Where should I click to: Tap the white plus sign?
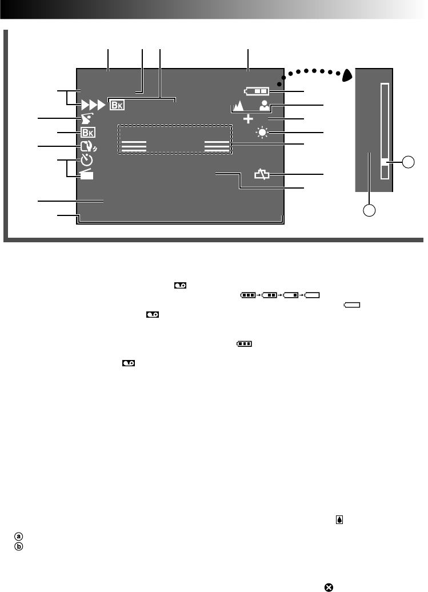point(249,119)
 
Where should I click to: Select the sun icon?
point(262,133)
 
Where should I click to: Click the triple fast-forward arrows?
point(94,105)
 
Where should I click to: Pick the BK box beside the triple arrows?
point(117,105)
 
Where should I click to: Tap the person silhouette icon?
point(263,105)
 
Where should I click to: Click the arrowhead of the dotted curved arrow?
point(347,75)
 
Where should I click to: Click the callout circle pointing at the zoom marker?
point(407,162)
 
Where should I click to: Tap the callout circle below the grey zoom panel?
point(370,210)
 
